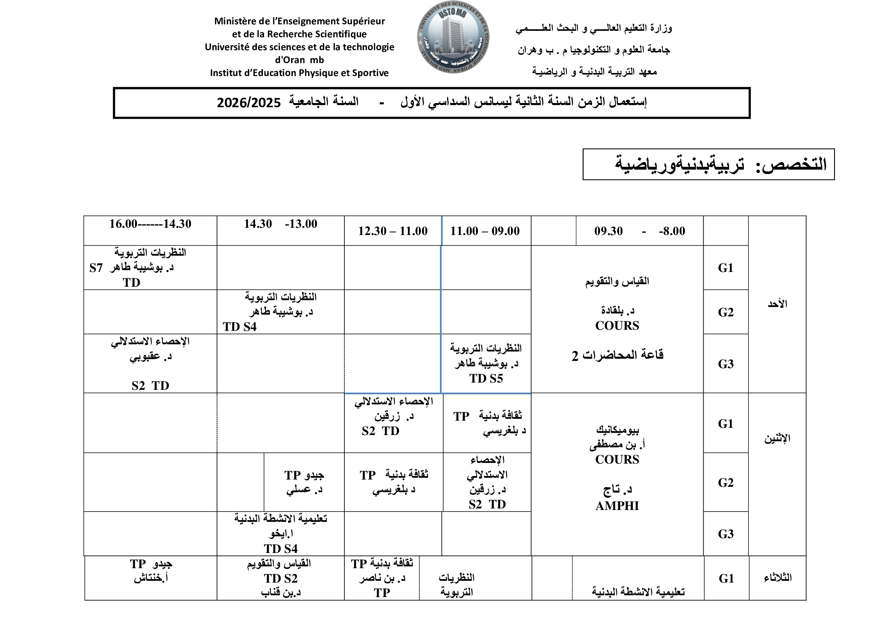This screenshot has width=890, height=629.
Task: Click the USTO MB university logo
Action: pos(453,38)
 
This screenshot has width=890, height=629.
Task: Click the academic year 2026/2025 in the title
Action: pos(248,103)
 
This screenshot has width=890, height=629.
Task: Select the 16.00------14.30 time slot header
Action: pos(150,224)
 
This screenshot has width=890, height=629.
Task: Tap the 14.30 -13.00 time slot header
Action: pos(281,224)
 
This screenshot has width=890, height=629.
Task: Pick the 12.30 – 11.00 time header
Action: pos(393,231)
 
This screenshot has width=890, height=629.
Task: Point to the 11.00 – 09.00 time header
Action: pos(485,231)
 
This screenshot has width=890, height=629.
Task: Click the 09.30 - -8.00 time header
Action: pos(640,231)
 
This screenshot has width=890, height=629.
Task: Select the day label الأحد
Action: pos(777,304)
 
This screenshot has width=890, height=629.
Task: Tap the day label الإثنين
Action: pos(777,438)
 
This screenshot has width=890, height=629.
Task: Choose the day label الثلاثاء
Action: pos(778,578)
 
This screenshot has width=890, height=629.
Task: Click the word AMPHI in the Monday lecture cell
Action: pos(617,506)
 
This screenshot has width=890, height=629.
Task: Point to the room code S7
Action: pos(96,268)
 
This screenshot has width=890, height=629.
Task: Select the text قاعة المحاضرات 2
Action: pos(617,355)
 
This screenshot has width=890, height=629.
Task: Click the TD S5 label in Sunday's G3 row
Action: pos(486,378)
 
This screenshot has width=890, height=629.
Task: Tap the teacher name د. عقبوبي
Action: pos(150,357)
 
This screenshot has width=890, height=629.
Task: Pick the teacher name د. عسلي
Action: pos(304,489)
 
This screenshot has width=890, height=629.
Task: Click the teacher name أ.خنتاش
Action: pos(151,578)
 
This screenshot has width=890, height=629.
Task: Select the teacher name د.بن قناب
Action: pos(281,592)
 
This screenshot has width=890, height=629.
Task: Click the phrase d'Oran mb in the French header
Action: pos(299,60)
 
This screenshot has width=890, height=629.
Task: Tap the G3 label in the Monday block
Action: pos(726,534)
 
